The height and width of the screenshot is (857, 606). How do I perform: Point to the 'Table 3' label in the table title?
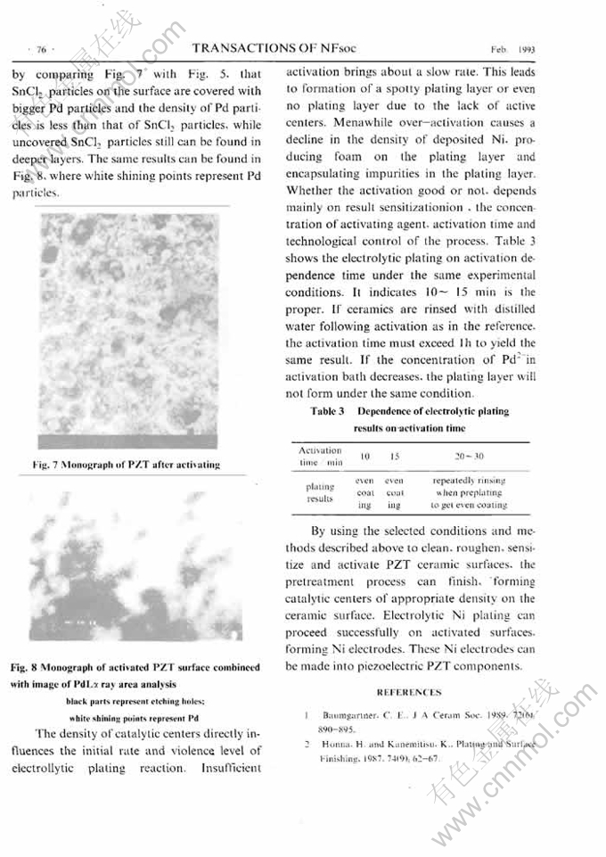click(327, 411)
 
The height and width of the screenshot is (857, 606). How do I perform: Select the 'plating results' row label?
click(319, 492)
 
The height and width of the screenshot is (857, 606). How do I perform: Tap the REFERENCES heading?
click(409, 691)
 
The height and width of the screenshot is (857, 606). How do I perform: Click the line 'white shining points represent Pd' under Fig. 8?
click(133, 717)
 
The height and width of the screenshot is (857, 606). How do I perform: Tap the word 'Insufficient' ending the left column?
click(232, 767)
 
